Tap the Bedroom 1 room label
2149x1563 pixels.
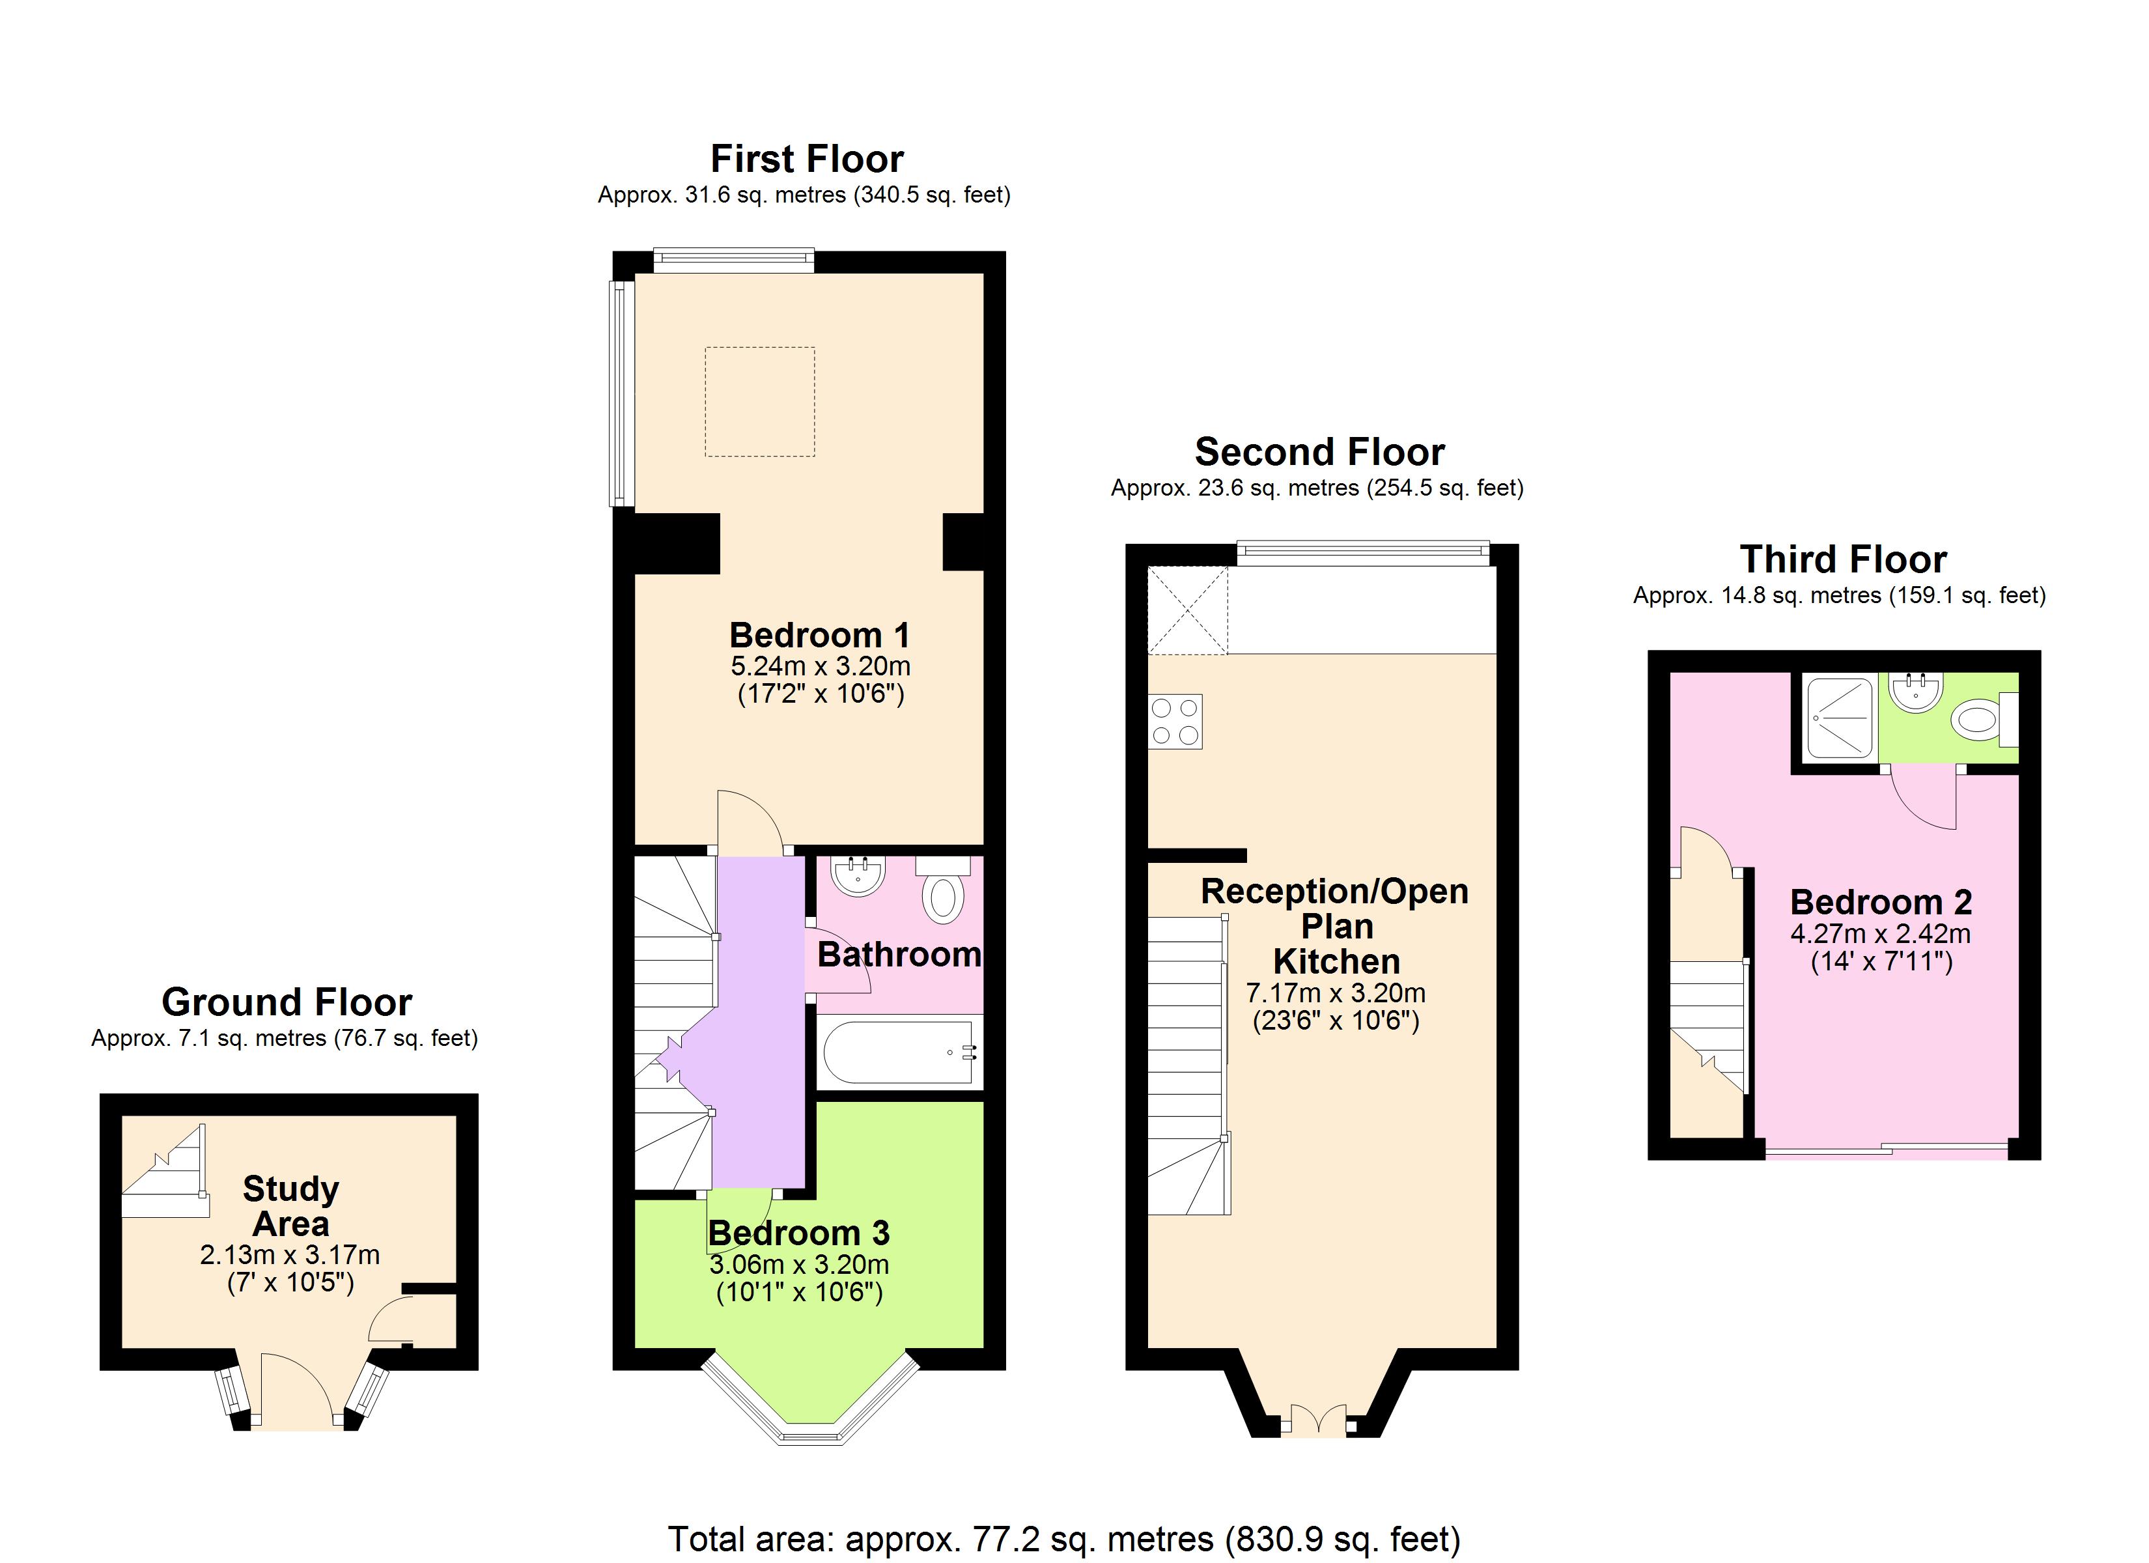click(x=820, y=634)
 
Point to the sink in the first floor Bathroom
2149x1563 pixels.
click(x=858, y=875)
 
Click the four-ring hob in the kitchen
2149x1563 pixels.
click(x=1175, y=722)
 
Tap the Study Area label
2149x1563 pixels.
click(x=291, y=1205)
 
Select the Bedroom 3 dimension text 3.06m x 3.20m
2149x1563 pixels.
click(x=799, y=1265)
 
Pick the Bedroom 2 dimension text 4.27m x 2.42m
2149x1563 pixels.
click(x=1881, y=934)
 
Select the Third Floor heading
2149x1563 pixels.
click(x=1843, y=559)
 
